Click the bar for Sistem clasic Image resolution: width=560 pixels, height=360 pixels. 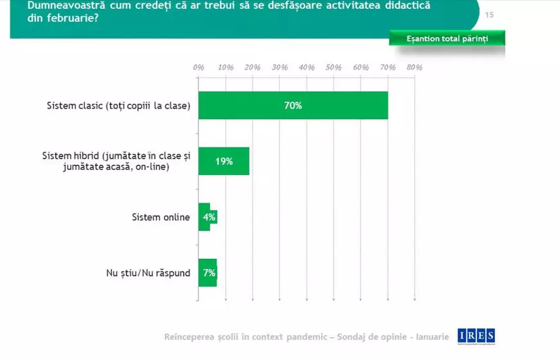point(293,106)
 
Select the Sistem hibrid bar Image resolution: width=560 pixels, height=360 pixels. point(223,162)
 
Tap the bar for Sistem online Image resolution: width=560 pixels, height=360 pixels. point(207,217)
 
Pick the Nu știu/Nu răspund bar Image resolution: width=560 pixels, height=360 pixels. point(207,272)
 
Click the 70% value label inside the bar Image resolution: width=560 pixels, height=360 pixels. point(293,106)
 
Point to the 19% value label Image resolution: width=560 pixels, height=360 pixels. point(224,162)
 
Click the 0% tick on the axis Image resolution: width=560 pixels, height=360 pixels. point(198,67)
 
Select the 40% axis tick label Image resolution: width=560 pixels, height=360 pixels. point(306,67)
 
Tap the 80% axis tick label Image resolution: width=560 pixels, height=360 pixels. point(414,67)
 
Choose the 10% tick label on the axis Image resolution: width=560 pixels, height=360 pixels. point(225,67)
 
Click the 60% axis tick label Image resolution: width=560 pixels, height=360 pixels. point(360,67)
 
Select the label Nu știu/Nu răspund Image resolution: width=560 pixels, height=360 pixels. point(148,272)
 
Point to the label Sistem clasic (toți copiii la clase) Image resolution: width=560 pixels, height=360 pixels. point(118,106)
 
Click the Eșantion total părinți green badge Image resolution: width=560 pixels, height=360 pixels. point(447,39)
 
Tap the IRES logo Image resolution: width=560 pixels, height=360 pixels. point(476,336)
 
